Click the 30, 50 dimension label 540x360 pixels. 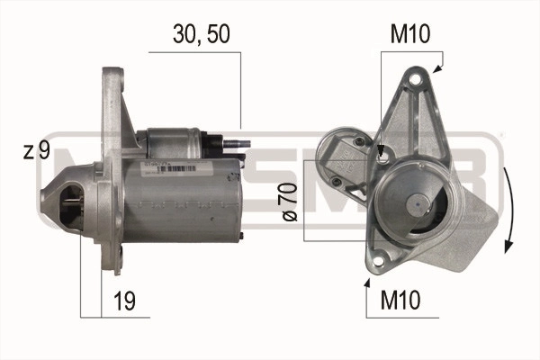click(202, 34)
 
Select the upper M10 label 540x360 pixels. click(410, 34)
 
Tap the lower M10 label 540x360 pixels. click(400, 300)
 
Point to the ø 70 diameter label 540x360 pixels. click(290, 202)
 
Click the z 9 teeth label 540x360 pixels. click(37, 150)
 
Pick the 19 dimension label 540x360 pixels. click(125, 301)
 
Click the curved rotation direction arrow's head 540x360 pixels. click(508, 247)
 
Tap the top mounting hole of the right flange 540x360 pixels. click(417, 79)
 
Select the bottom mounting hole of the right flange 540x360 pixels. click(377, 261)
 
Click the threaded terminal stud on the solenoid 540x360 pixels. click(237, 144)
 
